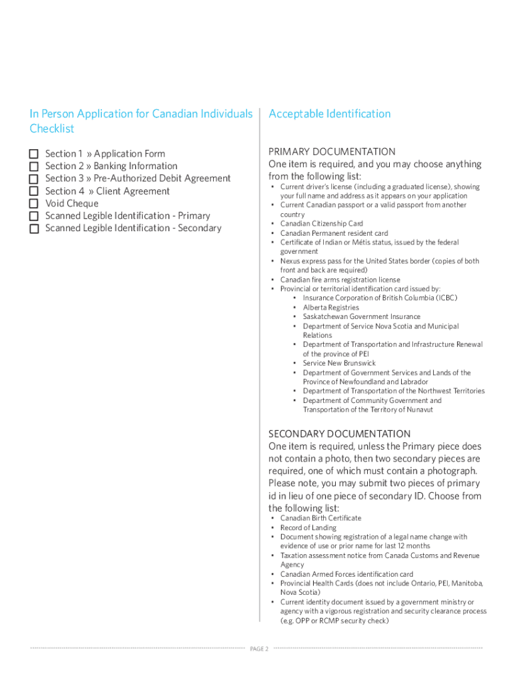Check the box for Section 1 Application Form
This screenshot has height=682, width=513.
[34, 154]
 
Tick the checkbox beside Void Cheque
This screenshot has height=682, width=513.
[34, 204]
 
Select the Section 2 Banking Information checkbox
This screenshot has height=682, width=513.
[34, 167]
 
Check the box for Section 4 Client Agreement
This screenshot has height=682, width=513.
[34, 192]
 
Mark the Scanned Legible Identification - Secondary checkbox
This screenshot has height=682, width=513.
[34, 228]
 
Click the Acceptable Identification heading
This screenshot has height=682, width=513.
[329, 114]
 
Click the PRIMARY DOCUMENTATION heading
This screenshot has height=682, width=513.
[332, 152]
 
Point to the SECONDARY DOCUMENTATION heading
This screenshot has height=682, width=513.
[339, 434]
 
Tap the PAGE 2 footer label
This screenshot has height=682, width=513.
[258, 649]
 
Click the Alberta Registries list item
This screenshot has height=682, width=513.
[330, 308]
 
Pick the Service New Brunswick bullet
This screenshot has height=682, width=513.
[339, 364]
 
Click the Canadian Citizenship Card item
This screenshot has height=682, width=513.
[321, 224]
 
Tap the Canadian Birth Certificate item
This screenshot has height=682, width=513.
[320, 518]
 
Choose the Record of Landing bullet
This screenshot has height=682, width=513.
[308, 527]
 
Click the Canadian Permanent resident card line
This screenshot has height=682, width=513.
[334, 233]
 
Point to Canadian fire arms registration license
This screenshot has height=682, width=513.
[340, 280]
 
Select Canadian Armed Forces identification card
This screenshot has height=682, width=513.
[346, 574]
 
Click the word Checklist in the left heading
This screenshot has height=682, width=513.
[52, 129]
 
